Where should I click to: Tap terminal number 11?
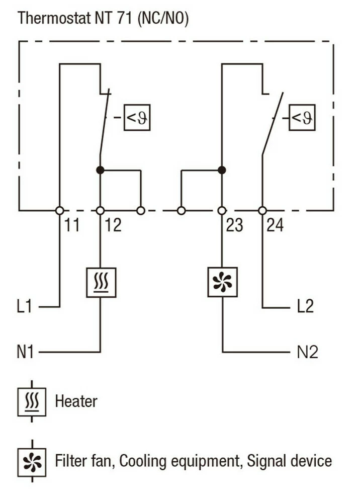[72, 225]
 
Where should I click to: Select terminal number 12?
[114, 225]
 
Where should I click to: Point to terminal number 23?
[235, 225]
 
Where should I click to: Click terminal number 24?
[275, 225]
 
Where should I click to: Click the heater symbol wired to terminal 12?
[101, 282]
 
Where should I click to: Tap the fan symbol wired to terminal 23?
[222, 282]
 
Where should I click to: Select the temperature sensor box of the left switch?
[137, 118]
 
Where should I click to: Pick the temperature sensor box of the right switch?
[302, 118]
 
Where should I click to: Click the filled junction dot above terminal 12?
[100, 170]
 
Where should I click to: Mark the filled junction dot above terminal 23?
[222, 170]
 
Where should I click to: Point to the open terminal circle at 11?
[59, 211]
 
